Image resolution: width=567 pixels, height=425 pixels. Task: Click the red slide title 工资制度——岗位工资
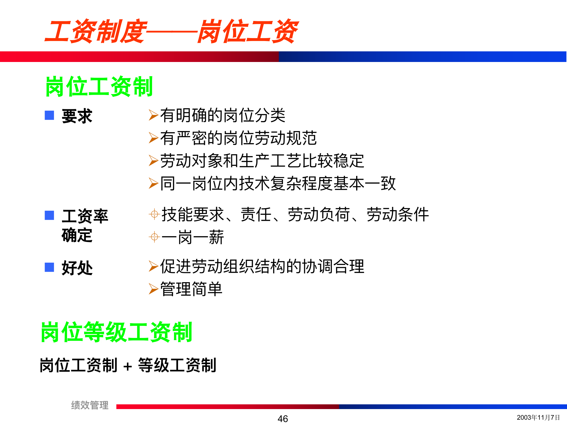point(171,31)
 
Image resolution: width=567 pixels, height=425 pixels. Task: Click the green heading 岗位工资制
point(99,86)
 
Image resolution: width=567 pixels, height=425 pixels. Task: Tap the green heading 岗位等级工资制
point(117,332)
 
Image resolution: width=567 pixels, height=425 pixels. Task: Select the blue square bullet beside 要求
point(49,115)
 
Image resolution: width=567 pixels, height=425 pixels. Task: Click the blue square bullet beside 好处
point(49,267)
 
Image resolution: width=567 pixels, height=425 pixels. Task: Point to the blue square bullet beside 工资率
point(49,215)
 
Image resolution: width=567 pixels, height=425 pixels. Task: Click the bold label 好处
point(77,268)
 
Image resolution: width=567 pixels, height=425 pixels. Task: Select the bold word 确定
point(77,235)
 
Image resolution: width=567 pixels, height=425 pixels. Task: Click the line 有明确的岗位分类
point(222,115)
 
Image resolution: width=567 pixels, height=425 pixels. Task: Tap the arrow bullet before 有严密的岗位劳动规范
point(154,138)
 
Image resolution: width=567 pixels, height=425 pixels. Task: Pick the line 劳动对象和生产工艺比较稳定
point(262,161)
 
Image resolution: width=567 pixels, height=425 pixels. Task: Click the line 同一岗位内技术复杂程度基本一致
point(278,184)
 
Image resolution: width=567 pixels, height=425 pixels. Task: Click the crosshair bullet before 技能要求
point(154,214)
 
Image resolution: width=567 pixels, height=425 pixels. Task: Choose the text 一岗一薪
point(193,237)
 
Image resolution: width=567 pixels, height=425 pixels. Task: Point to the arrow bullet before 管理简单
point(154,289)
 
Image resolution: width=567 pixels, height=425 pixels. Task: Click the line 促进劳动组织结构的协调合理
point(262,267)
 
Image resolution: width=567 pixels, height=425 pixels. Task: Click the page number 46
point(283,419)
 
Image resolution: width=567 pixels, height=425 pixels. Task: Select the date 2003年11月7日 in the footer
point(538,417)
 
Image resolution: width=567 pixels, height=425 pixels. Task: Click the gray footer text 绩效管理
point(90,405)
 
